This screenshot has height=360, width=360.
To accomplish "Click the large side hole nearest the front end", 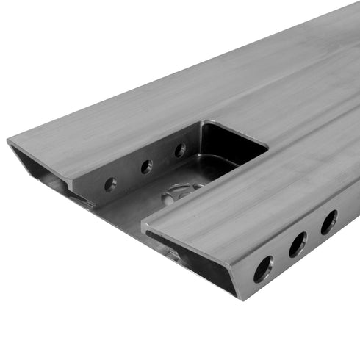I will [262, 269].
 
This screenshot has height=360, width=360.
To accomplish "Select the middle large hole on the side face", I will [298, 244].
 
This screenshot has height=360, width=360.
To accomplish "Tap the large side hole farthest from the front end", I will [328, 221].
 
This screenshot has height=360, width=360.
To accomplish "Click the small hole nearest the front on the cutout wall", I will [110, 184].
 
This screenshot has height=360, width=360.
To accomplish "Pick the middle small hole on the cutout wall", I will [147, 167].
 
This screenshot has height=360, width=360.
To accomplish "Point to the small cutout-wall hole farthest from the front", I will [180, 150].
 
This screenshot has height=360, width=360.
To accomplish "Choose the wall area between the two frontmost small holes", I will [129, 176].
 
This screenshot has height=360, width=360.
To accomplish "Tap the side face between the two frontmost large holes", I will [280, 257].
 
